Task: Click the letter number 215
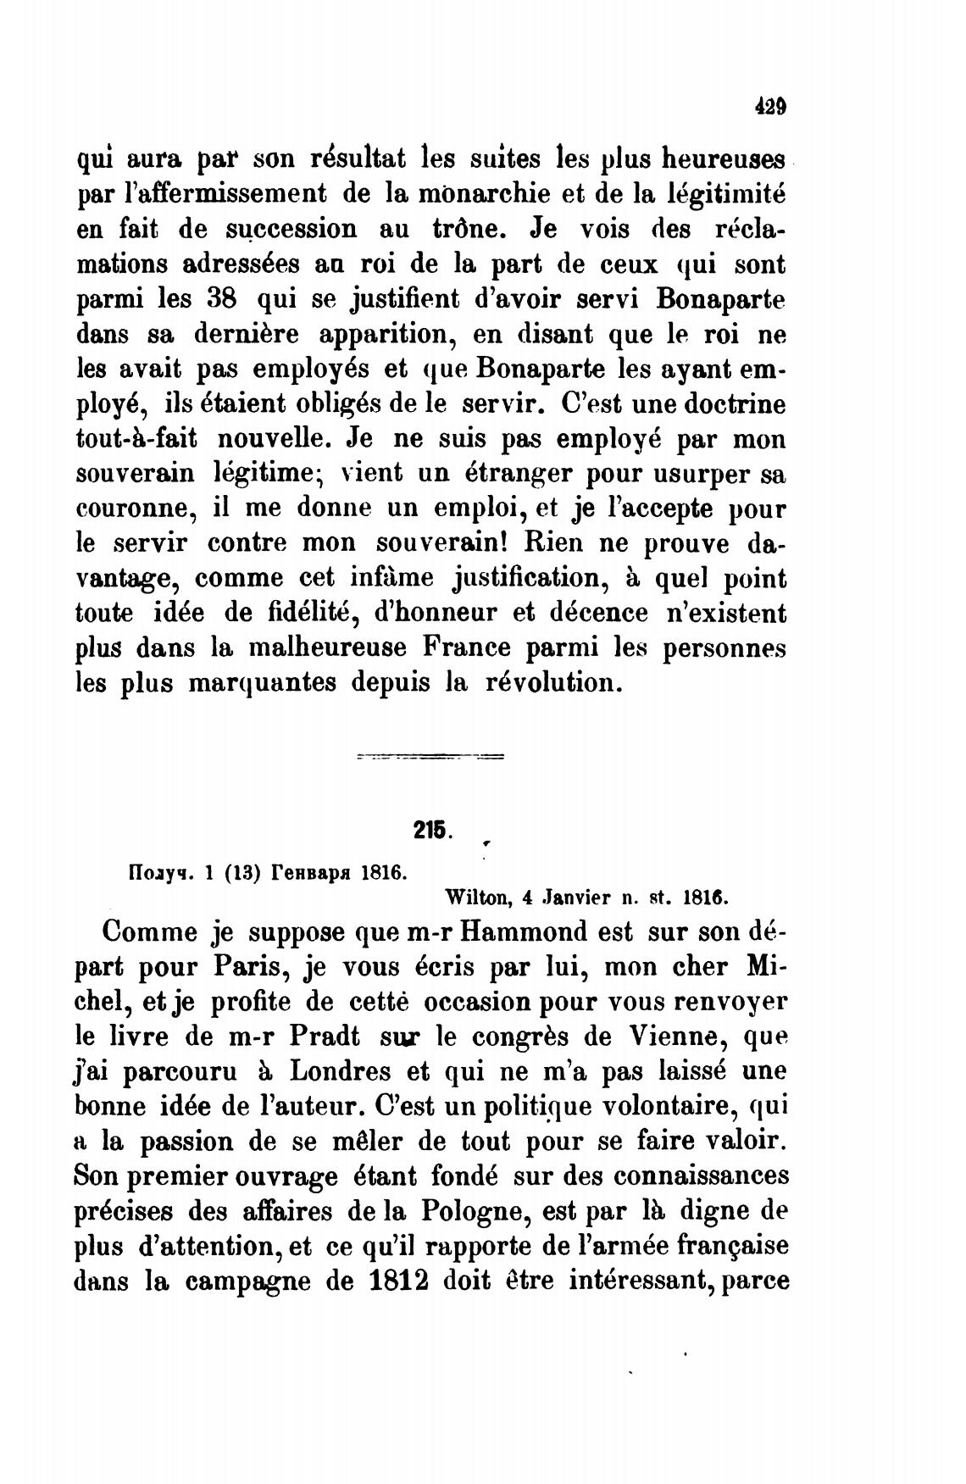tap(433, 831)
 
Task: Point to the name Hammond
tap(526, 931)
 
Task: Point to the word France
tap(464, 648)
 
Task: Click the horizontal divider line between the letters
tap(431, 755)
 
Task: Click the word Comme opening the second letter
tap(149, 931)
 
